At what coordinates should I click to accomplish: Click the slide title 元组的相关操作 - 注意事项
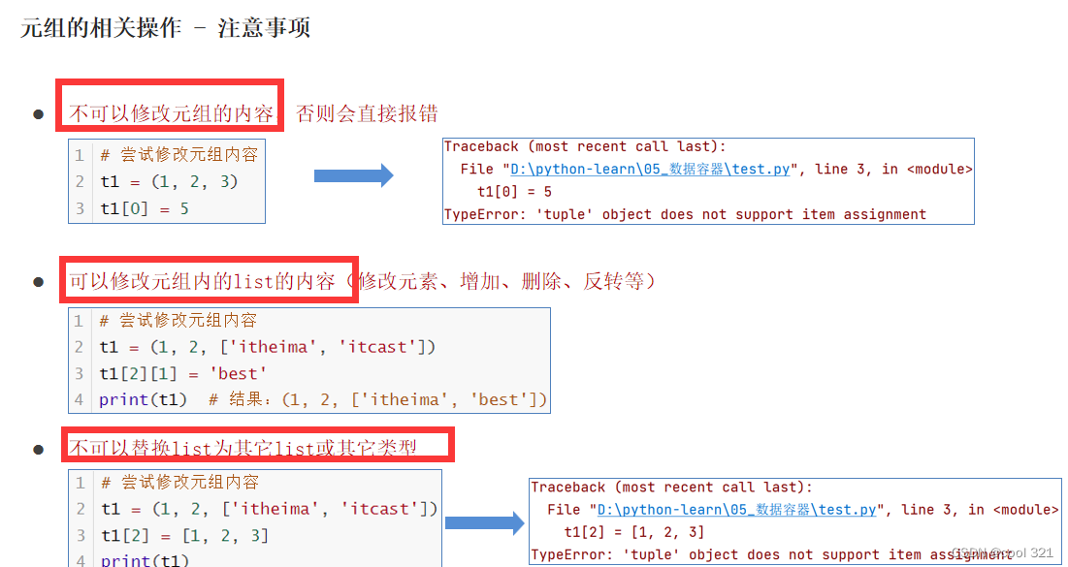click(x=165, y=28)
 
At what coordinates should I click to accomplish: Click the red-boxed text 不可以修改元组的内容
click(x=171, y=113)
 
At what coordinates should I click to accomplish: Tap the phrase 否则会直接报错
click(x=367, y=113)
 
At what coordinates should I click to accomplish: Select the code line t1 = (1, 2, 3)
click(x=169, y=181)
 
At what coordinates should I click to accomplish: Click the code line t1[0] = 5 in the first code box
click(x=145, y=208)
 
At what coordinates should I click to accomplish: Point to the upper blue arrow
click(x=353, y=175)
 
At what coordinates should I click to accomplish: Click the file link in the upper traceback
click(x=652, y=169)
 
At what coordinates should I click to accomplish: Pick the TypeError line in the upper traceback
click(x=685, y=214)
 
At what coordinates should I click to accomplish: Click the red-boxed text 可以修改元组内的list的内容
click(x=202, y=281)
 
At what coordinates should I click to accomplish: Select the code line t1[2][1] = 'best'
click(x=182, y=373)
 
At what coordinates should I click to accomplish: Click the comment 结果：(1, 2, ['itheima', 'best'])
click(x=388, y=399)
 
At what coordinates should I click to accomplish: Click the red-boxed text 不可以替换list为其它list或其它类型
click(x=243, y=448)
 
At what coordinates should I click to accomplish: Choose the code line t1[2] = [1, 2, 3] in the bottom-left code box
click(x=184, y=535)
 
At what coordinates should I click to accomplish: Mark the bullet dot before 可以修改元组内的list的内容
click(x=39, y=283)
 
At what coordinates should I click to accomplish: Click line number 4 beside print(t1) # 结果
click(x=80, y=399)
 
